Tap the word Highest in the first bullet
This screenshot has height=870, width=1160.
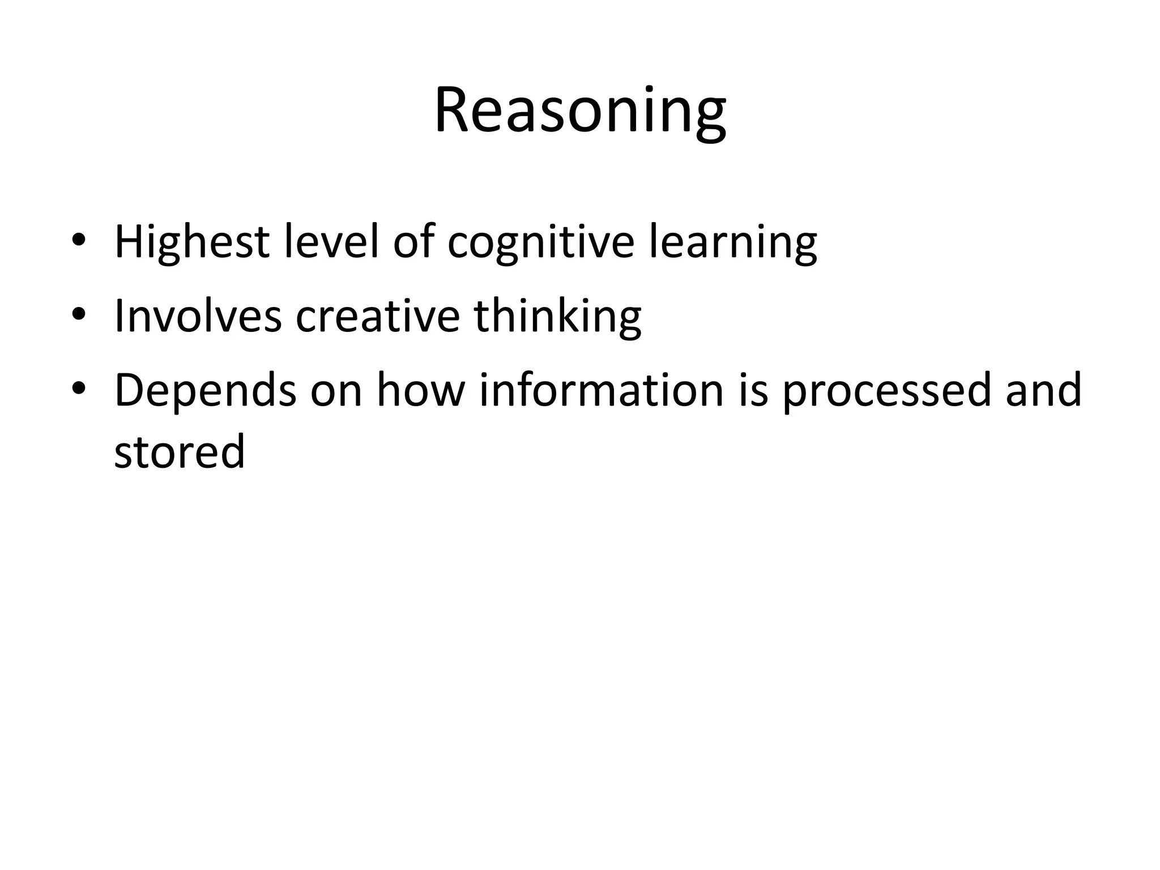191,242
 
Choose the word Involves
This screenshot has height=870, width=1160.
198,316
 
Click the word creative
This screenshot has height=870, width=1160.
378,316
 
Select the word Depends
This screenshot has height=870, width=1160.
205,391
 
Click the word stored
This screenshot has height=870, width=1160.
180,451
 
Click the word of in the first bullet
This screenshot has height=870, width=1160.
412,242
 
